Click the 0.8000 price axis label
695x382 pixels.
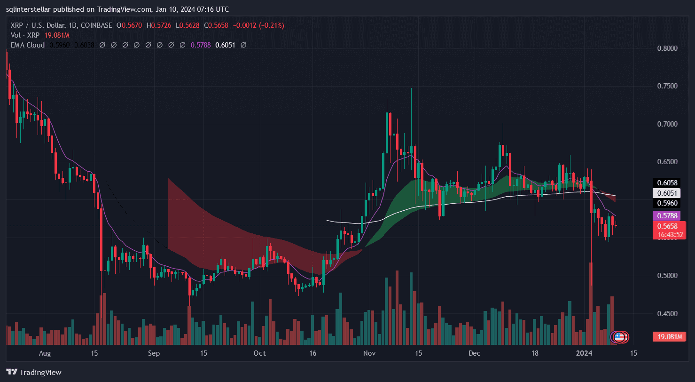668,48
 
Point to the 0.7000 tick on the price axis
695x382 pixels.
668,124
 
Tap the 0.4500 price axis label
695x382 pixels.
668,313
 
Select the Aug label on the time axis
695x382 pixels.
45,353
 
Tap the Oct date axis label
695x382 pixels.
259,353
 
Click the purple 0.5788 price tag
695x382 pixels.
667,216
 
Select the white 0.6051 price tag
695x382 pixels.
667,193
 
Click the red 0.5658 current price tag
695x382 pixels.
667,226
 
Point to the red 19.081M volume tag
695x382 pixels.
667,337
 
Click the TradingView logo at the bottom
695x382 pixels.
34,372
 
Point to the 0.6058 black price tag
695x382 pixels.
667,183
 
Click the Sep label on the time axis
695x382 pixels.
154,353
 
